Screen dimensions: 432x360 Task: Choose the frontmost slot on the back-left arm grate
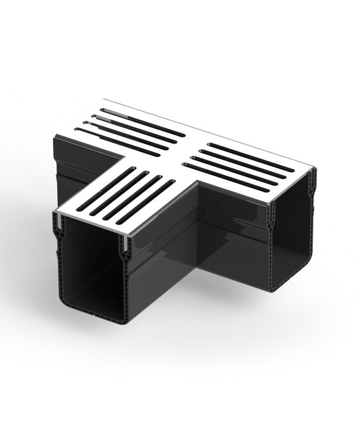(117, 140)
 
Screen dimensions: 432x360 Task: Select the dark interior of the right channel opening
(293, 234)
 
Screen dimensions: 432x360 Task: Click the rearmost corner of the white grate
(104, 100)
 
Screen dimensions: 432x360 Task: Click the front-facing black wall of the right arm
(234, 234)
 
